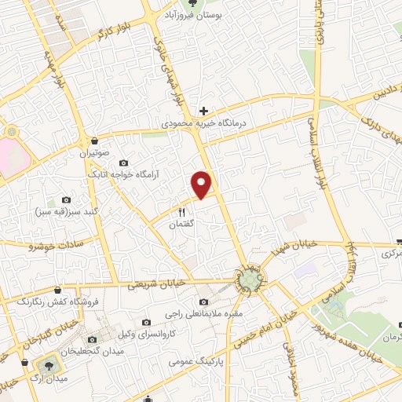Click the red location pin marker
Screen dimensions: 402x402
[203, 184]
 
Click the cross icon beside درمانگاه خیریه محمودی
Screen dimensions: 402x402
[203, 111]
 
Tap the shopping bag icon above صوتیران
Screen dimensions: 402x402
[95, 141]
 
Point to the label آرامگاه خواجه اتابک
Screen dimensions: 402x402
[124, 174]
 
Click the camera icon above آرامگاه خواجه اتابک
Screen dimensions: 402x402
[123, 163]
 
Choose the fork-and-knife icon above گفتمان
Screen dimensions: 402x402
[182, 212]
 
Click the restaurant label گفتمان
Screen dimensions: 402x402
[182, 225]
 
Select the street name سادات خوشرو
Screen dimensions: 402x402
[49, 246]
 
